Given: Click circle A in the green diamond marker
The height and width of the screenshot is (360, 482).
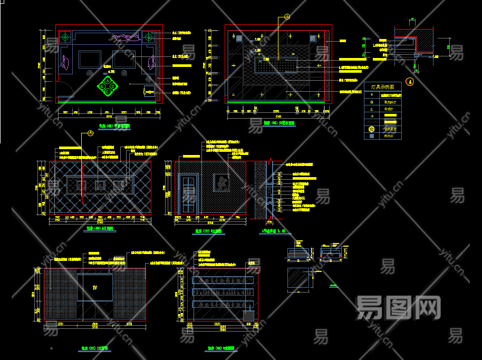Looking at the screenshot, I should point(108,80).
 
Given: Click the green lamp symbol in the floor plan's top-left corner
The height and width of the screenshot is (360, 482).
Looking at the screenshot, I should point(65,37).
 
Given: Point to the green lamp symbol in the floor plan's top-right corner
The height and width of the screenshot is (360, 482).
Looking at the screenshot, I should point(148,37).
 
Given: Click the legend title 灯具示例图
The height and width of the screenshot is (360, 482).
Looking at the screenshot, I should point(382,86).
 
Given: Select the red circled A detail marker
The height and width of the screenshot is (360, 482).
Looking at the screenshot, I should point(411,82).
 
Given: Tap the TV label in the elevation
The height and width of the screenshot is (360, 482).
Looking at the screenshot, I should point(95,287).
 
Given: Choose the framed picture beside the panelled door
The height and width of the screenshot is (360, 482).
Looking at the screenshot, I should point(222,183).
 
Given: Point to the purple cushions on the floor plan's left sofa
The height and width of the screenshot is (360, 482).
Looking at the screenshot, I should point(65,62).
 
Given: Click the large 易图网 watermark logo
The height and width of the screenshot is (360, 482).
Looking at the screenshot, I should point(398,307).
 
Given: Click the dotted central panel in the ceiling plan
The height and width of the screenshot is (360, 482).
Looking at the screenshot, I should point(277,65).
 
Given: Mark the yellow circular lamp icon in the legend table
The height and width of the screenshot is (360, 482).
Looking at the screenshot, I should point(372,129).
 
